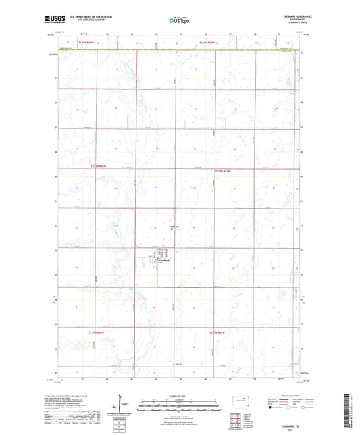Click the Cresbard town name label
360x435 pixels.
pos(163,261)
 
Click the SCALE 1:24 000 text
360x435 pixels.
pos(180,396)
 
